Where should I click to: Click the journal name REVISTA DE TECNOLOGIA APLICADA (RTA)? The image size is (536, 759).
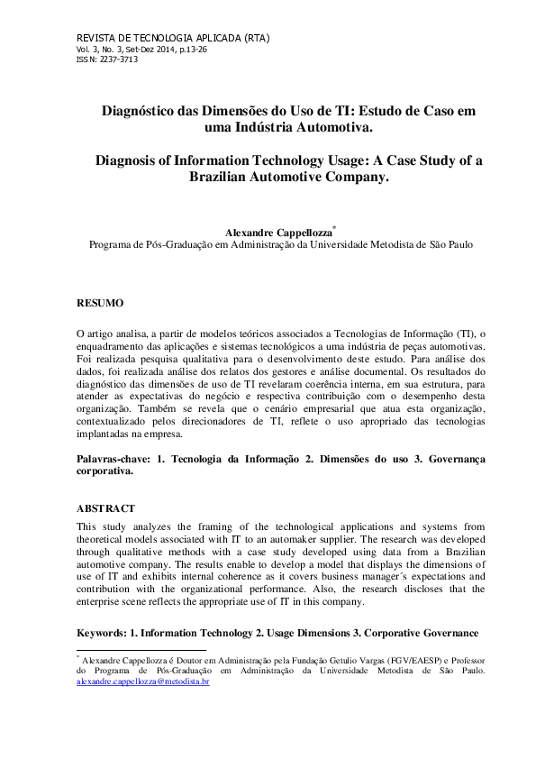[168, 39]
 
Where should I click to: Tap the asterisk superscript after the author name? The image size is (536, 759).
[334, 226]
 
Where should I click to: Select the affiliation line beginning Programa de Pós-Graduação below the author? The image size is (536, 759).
[280, 244]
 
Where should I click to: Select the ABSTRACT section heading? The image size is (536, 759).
[105, 508]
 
